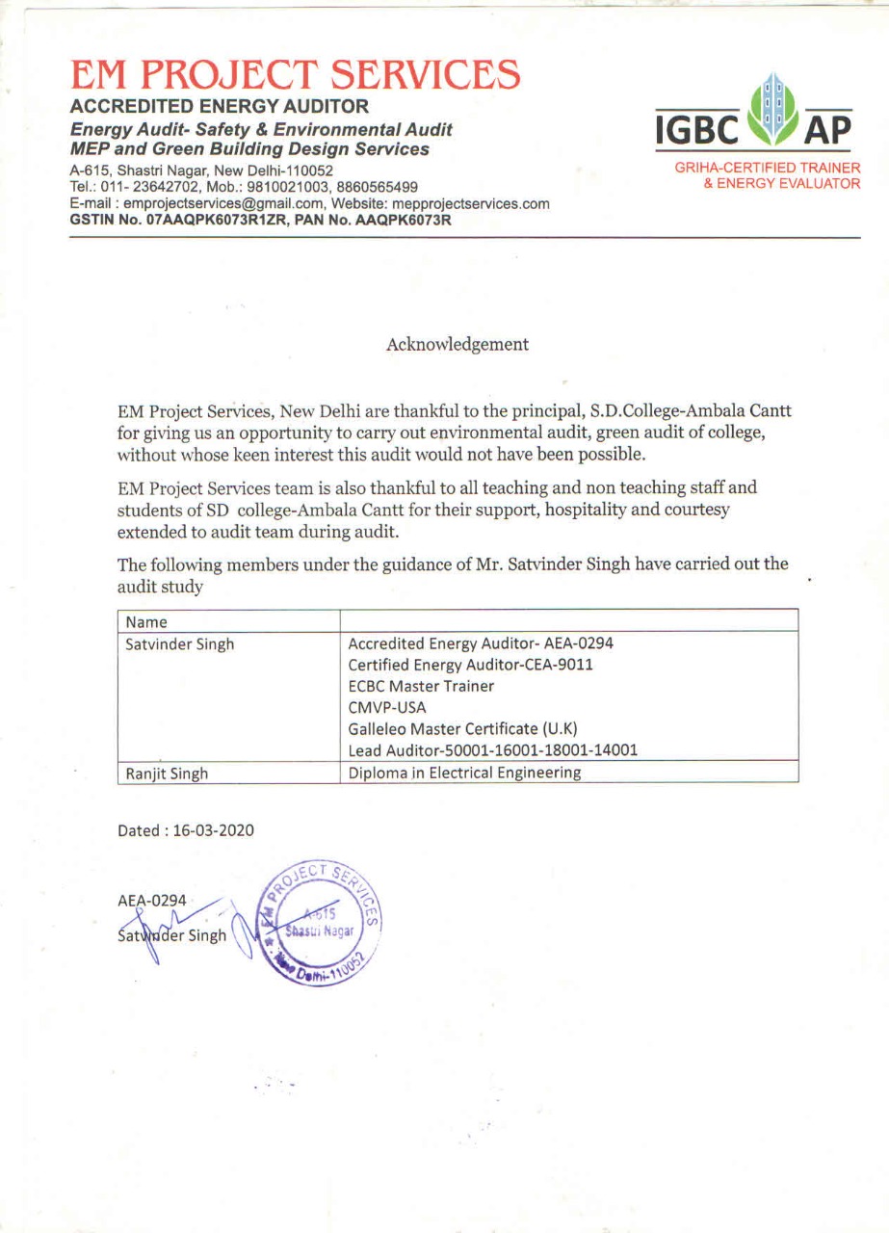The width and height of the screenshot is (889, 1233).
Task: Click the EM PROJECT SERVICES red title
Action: tap(296, 74)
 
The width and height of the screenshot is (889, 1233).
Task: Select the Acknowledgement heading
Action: tap(458, 344)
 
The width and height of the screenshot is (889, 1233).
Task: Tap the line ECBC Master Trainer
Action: tap(421, 687)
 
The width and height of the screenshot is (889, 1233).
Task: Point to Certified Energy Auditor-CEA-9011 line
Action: tap(469, 666)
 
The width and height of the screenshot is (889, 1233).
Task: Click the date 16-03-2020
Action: tap(213, 830)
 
